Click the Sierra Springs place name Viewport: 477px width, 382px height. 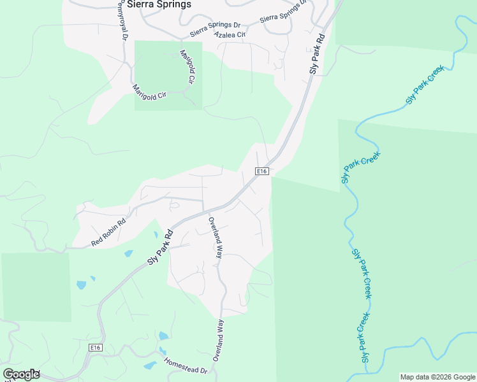(159, 4)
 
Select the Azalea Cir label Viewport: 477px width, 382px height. (230, 34)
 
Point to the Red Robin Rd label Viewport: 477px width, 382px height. (108, 233)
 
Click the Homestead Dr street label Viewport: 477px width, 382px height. (186, 365)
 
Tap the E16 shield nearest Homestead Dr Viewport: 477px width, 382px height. (95, 347)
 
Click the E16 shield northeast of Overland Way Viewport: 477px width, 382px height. (261, 171)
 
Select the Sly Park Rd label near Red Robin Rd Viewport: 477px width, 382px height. (161, 246)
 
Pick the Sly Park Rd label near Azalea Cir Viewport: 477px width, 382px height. (318, 54)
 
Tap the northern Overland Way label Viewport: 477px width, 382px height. (215, 237)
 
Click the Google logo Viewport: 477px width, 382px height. (21, 374)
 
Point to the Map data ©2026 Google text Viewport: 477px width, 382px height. (437, 377)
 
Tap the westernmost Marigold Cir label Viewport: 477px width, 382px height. (149, 91)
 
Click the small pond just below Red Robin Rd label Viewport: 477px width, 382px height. (129, 253)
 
